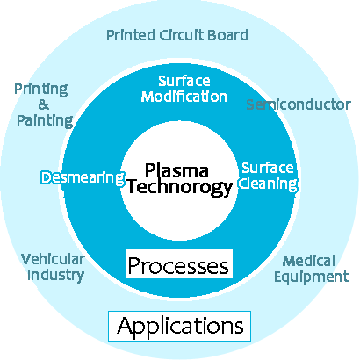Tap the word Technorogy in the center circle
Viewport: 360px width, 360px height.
pos(179,186)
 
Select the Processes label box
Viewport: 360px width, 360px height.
pos(179,264)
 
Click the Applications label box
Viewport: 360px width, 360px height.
pos(179,326)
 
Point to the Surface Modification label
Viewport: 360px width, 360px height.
pos(184,88)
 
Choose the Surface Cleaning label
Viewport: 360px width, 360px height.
pos(269,176)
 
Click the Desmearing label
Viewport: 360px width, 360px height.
pos(83,178)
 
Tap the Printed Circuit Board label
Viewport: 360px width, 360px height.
pos(176,36)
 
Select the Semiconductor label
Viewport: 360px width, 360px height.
pos(298,104)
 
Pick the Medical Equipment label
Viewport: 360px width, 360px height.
pos(310,269)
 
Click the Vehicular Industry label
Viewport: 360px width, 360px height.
pos(53,267)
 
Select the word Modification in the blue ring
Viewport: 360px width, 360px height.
pos(184,96)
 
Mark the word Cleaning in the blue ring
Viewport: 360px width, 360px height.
pos(270,184)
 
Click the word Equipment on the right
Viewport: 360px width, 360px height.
pos(310,277)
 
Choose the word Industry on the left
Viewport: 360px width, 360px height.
pos(53,275)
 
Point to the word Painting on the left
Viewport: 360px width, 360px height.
pos(44,119)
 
